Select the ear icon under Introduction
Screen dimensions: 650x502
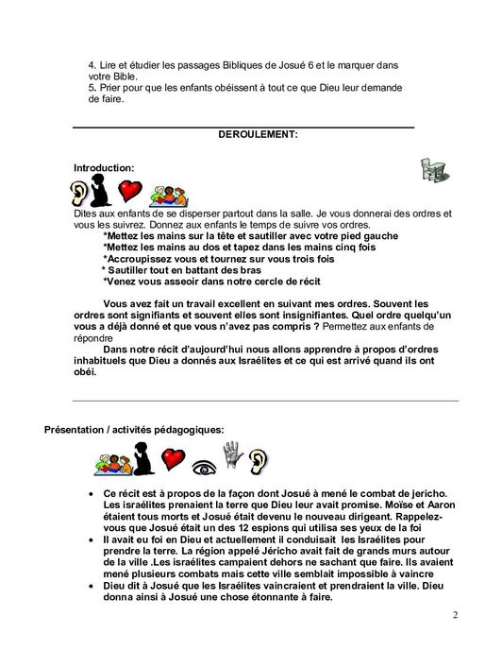[82, 194]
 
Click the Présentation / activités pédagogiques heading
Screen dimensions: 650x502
[135, 429]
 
